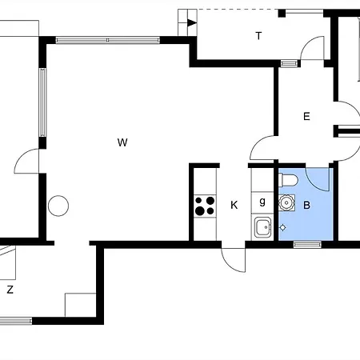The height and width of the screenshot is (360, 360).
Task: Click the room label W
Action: tap(122, 142)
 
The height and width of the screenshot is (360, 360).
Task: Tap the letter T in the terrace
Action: tap(258, 35)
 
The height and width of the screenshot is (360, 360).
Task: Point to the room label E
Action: tap(306, 116)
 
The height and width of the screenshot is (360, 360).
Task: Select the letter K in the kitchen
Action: tap(234, 205)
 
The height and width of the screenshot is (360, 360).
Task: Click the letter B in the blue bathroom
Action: tap(306, 205)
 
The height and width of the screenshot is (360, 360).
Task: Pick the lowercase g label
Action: tap(262, 202)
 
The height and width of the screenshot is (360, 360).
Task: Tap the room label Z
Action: tap(10, 290)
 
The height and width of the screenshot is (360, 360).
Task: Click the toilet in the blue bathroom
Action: tap(288, 180)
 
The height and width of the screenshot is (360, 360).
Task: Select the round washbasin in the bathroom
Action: tap(286, 203)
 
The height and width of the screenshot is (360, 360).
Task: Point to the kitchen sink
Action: tap(262, 227)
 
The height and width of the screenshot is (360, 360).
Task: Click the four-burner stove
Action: tap(205, 206)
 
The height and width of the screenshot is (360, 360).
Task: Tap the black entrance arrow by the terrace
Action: tap(192, 23)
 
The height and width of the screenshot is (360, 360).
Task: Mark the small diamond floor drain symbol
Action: tap(283, 227)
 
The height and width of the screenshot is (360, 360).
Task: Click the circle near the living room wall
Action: tap(58, 206)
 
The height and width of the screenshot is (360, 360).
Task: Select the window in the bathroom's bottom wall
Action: tap(307, 244)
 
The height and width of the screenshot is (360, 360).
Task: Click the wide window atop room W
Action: tap(108, 40)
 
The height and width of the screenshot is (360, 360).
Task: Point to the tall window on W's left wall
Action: tap(42, 102)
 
